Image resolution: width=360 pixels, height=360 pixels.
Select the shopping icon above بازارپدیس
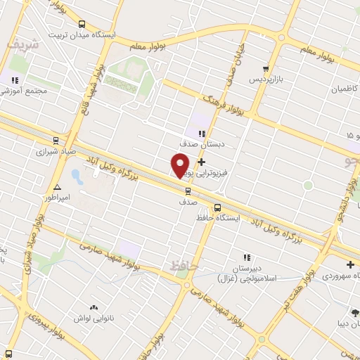[265, 69]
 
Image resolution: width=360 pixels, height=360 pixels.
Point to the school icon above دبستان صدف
[202, 134]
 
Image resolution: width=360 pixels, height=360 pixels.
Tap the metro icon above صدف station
[188, 190]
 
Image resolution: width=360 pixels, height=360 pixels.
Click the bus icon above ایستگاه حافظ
[217, 207]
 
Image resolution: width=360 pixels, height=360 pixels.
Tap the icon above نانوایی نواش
[94, 308]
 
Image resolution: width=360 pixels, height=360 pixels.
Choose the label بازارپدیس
[269, 80]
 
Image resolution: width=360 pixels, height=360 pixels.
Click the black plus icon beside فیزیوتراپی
[202, 162]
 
